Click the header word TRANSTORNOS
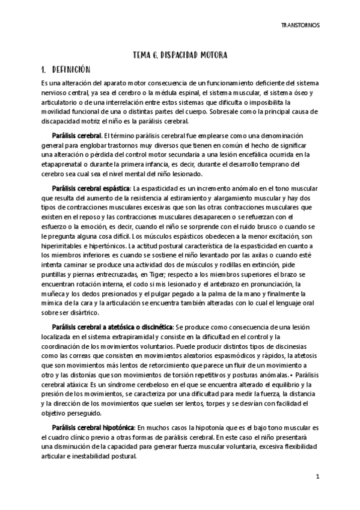coord(301,26)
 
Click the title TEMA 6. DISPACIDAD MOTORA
coord(180,55)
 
